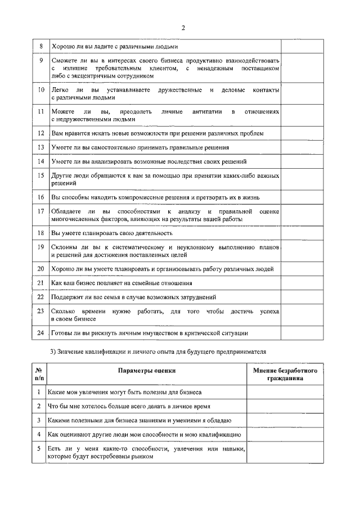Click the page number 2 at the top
click(183, 29)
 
